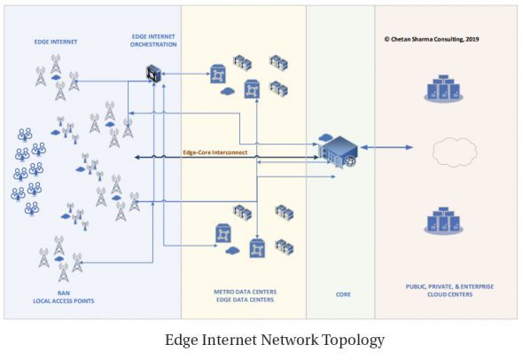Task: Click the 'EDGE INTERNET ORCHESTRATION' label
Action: click(x=153, y=41)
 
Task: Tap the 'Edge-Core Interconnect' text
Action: click(x=215, y=153)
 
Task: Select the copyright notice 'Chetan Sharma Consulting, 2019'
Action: click(x=432, y=39)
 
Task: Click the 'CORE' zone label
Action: click(x=343, y=294)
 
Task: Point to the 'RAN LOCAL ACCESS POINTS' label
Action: click(x=64, y=297)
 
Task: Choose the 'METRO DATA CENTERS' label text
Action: click(x=246, y=292)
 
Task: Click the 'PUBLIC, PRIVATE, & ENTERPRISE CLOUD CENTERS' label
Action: click(x=449, y=290)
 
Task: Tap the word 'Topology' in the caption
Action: click(x=353, y=340)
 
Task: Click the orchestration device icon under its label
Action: click(x=153, y=74)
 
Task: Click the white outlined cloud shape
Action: click(x=455, y=152)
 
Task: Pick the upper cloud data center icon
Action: click(x=443, y=89)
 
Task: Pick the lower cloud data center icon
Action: click(x=443, y=221)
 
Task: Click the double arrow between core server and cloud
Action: click(x=386, y=147)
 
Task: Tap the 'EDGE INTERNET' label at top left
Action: click(x=56, y=42)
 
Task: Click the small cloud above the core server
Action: click(x=324, y=137)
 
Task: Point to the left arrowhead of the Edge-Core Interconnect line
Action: click(x=137, y=157)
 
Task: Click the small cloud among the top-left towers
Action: click(x=56, y=77)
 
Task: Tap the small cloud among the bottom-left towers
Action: click(x=59, y=259)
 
